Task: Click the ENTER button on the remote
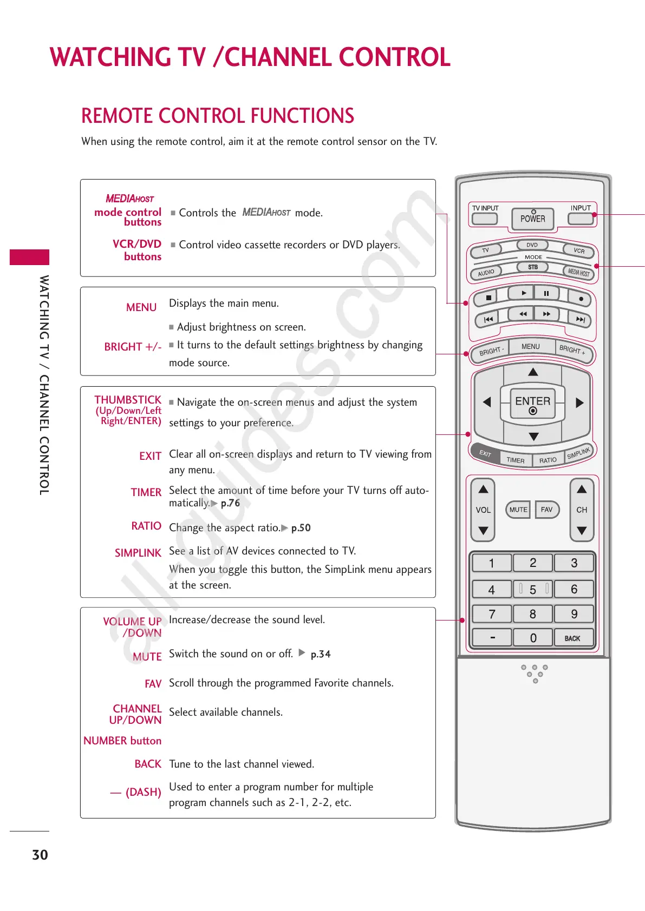click(x=533, y=403)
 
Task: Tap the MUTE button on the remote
click(x=518, y=510)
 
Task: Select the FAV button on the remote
click(x=547, y=510)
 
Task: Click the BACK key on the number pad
click(x=573, y=638)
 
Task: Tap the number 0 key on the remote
click(x=533, y=638)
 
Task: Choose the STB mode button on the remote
click(x=533, y=267)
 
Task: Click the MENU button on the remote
click(x=531, y=347)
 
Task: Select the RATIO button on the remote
click(x=548, y=460)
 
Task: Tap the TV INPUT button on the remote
click(x=484, y=219)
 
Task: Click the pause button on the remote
click(x=546, y=293)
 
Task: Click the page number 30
click(x=40, y=855)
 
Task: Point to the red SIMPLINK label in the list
click(x=138, y=553)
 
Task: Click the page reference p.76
click(x=230, y=503)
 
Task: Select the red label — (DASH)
click(x=136, y=792)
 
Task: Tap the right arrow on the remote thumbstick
click(x=579, y=402)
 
